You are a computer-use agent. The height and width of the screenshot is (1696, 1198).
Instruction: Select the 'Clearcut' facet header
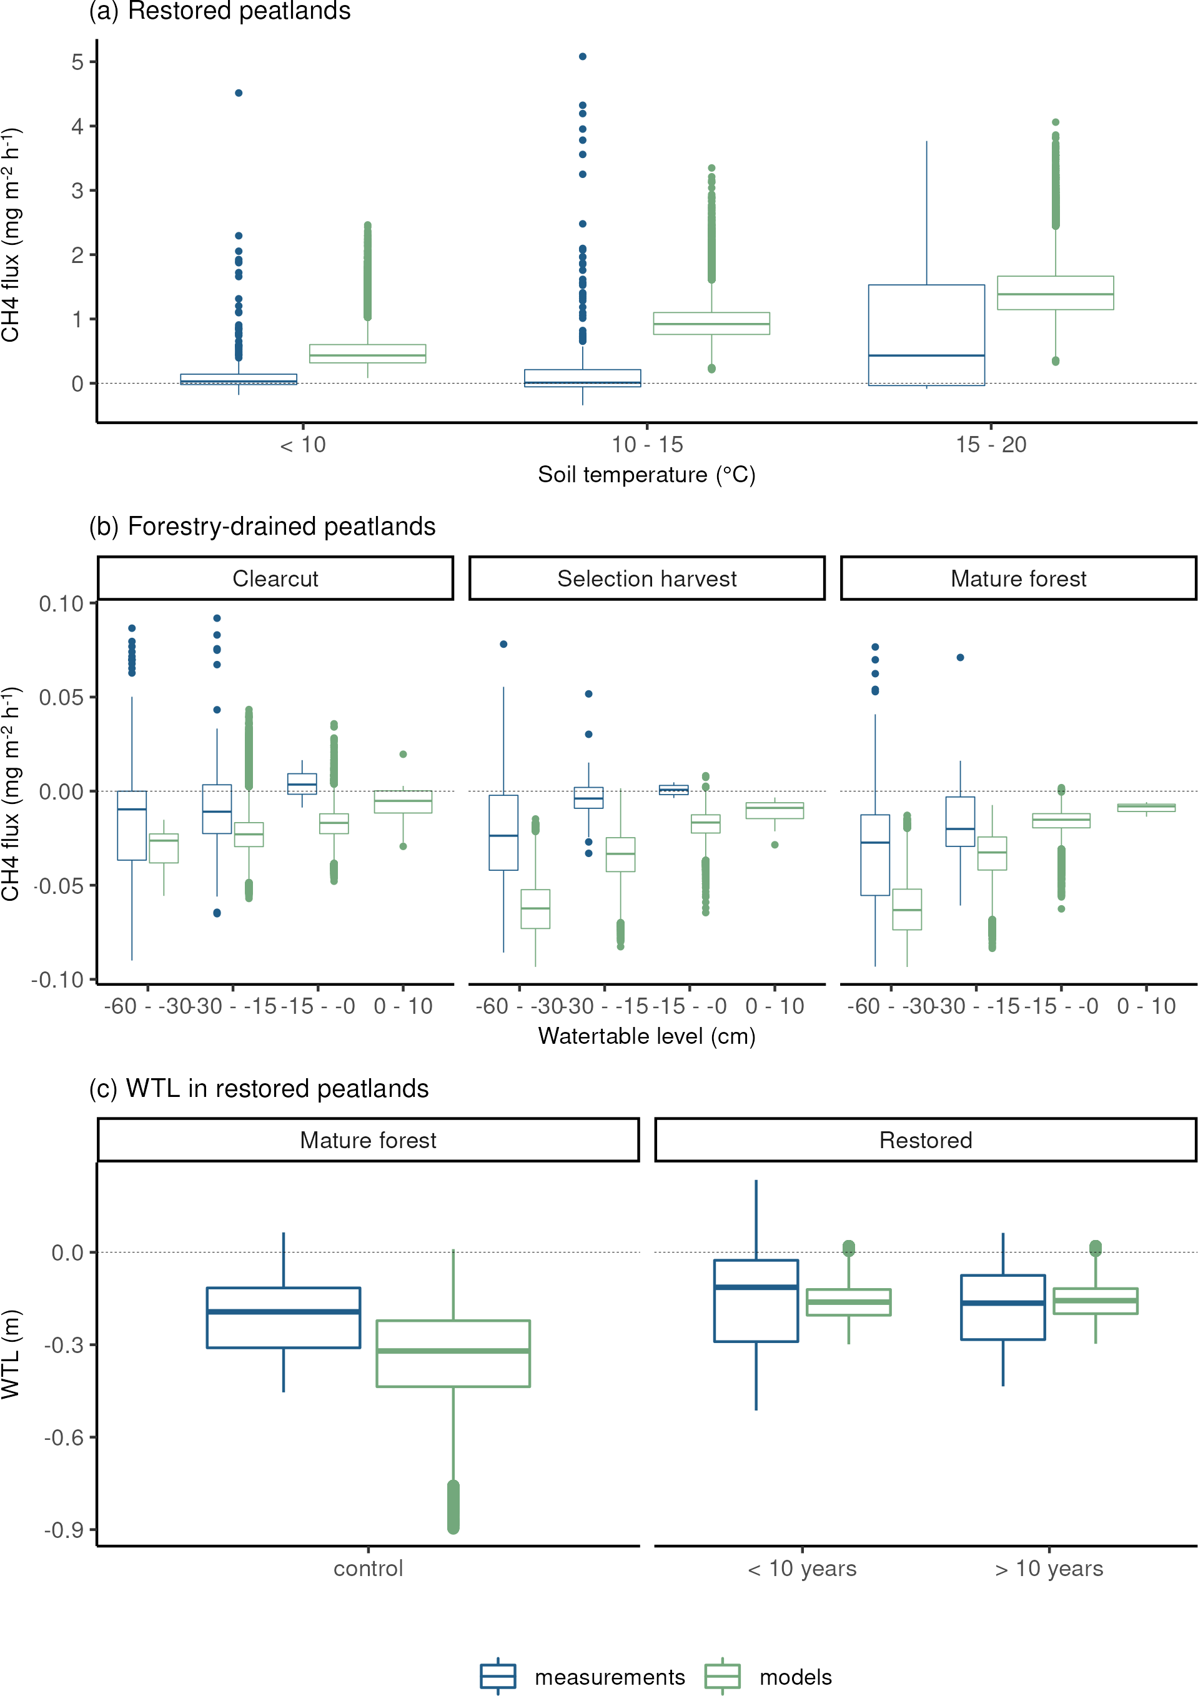coord(275,578)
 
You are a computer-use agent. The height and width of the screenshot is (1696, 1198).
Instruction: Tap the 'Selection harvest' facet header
coord(647,578)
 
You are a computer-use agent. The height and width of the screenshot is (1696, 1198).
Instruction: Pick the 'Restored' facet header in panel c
coord(926,1140)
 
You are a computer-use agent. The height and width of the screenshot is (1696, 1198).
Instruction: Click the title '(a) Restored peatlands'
coord(219,11)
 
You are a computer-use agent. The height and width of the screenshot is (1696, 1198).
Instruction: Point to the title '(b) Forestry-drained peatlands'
coord(262,527)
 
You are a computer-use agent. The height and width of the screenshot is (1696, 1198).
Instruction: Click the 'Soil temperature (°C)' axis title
coord(646,474)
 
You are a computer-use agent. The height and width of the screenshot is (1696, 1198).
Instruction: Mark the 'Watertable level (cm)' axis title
coord(646,1036)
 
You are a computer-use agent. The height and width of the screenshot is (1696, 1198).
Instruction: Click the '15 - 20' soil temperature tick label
coord(991,445)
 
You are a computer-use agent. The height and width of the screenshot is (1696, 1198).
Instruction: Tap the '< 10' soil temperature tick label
coord(303,445)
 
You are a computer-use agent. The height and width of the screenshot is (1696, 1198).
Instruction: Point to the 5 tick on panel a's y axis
coord(77,62)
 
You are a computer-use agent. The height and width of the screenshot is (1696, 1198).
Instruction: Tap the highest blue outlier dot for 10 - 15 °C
coord(583,56)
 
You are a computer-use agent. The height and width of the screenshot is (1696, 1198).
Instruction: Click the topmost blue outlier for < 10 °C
coord(239,93)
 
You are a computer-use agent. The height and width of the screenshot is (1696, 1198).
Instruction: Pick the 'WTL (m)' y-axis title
coord(11,1354)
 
